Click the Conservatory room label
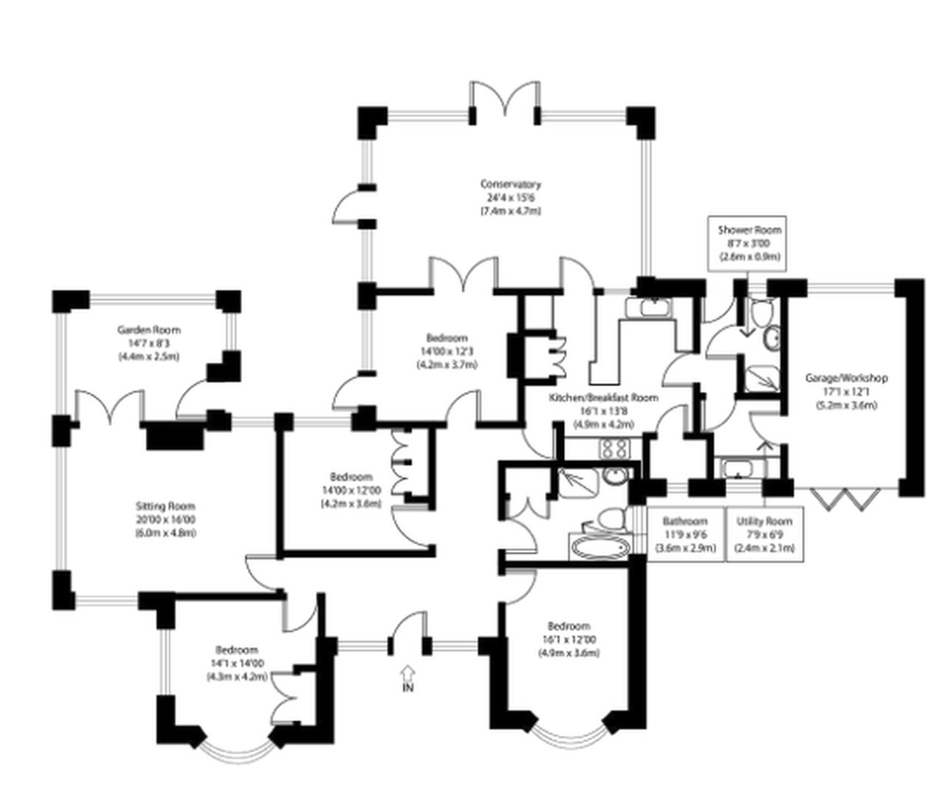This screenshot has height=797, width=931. [510, 184]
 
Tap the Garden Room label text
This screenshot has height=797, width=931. [148, 330]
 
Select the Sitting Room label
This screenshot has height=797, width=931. [165, 506]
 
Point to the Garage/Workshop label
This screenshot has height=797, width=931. [846, 379]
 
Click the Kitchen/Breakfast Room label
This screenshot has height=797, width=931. [603, 398]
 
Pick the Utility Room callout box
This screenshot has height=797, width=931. [764, 534]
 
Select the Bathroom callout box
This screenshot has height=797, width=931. [685, 534]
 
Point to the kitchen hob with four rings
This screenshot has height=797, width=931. [614, 448]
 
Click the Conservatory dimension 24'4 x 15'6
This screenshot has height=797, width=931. [510, 198]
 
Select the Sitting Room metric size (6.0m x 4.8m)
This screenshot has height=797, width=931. [165, 533]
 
